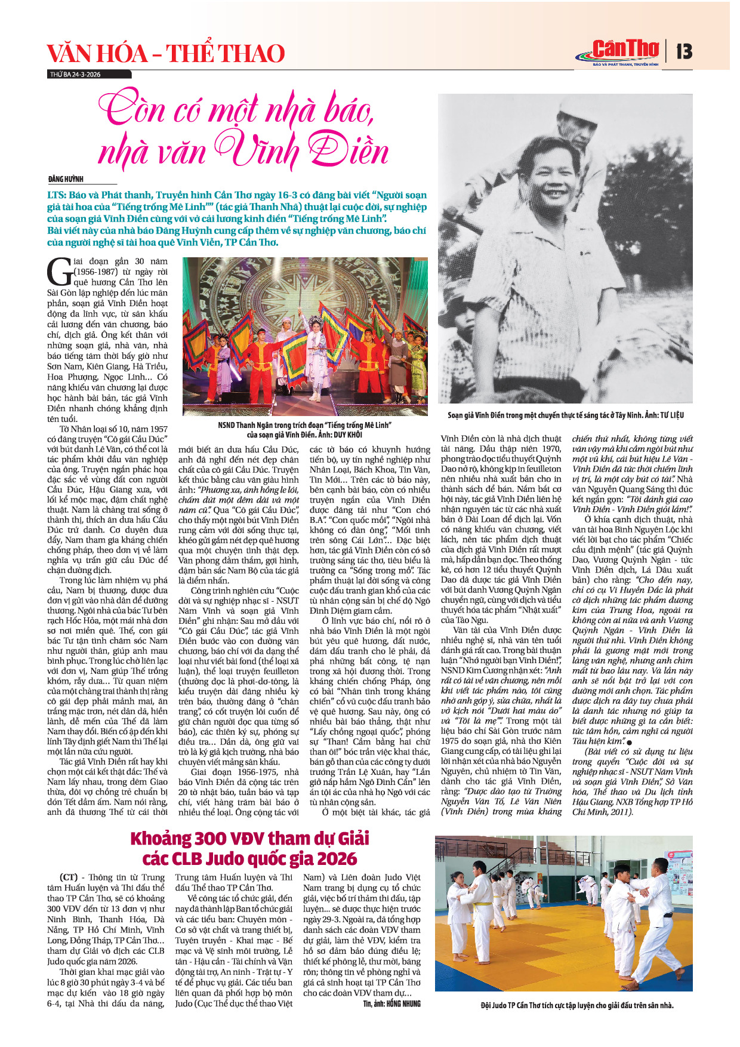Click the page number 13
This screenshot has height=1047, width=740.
[x=684, y=52]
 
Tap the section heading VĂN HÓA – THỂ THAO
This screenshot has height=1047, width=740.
[x=166, y=54]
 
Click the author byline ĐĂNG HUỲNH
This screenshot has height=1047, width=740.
[x=66, y=179]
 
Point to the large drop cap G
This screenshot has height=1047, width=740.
[x=59, y=272]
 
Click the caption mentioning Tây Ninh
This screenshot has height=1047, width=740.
[x=566, y=415]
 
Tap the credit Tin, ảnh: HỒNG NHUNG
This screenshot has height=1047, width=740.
[x=391, y=1003]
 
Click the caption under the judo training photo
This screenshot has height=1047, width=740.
[x=576, y=1005]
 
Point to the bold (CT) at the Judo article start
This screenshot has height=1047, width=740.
[x=69, y=877]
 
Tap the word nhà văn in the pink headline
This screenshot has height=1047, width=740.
[x=153, y=153]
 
